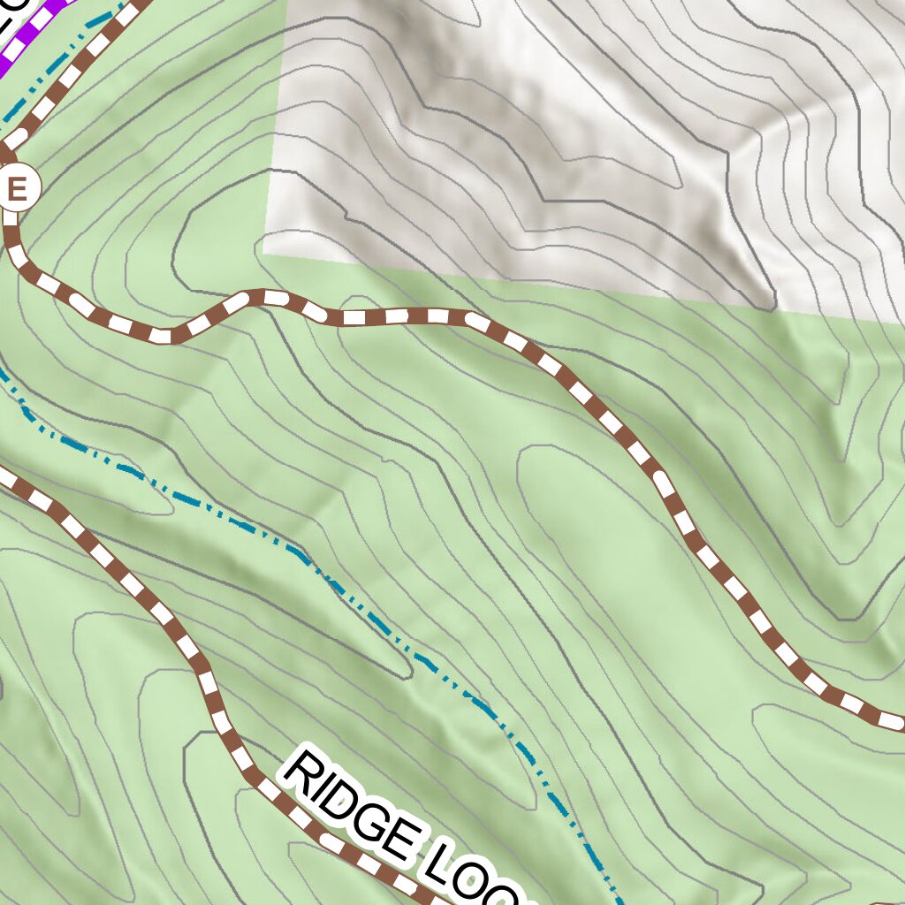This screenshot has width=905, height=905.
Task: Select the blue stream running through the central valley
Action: click(354, 601)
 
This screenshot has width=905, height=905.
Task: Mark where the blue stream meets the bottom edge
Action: click(621, 901)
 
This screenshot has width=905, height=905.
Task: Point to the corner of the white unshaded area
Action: click(264, 254)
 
